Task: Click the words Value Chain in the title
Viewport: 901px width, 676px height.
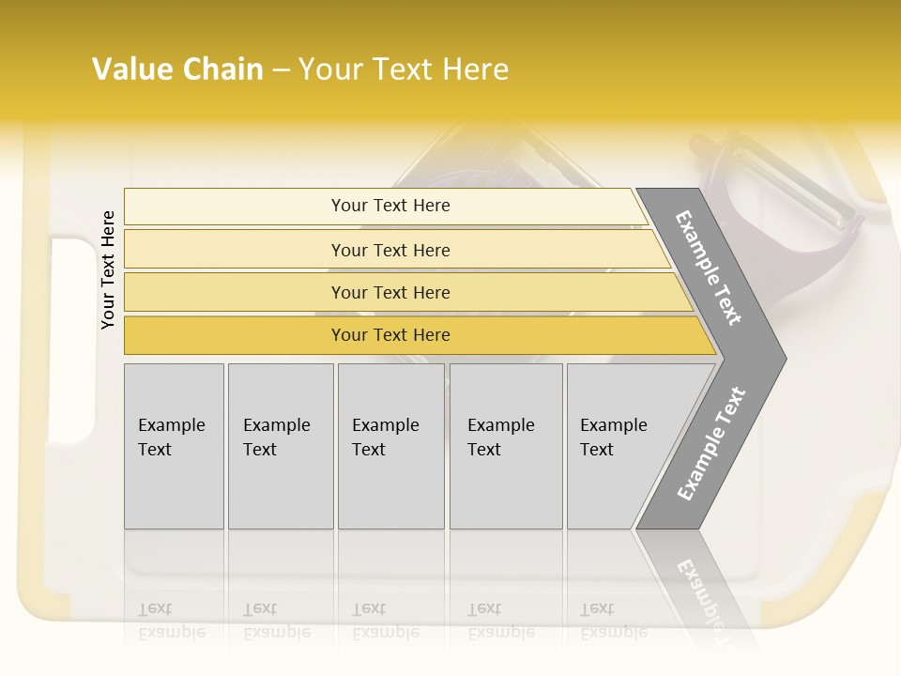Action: pos(177,69)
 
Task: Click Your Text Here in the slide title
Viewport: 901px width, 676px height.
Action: pos(404,69)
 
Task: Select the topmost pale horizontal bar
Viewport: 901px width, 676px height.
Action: pos(390,206)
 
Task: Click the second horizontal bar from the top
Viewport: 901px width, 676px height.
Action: pos(390,250)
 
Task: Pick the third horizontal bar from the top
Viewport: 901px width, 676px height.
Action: pos(390,292)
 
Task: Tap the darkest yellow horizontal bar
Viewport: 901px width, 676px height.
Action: pos(390,335)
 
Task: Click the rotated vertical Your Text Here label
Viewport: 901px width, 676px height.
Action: pos(108,269)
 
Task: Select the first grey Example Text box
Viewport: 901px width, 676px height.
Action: pos(174,446)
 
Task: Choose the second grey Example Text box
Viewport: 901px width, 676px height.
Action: pos(280,446)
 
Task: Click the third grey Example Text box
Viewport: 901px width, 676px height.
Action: pos(389,446)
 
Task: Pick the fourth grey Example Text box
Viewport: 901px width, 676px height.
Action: pos(505,446)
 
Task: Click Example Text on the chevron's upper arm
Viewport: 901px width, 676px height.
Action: pos(709,268)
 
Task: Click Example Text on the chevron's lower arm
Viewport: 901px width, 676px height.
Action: pos(711,444)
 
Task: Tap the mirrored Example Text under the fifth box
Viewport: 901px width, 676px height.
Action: pos(613,621)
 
